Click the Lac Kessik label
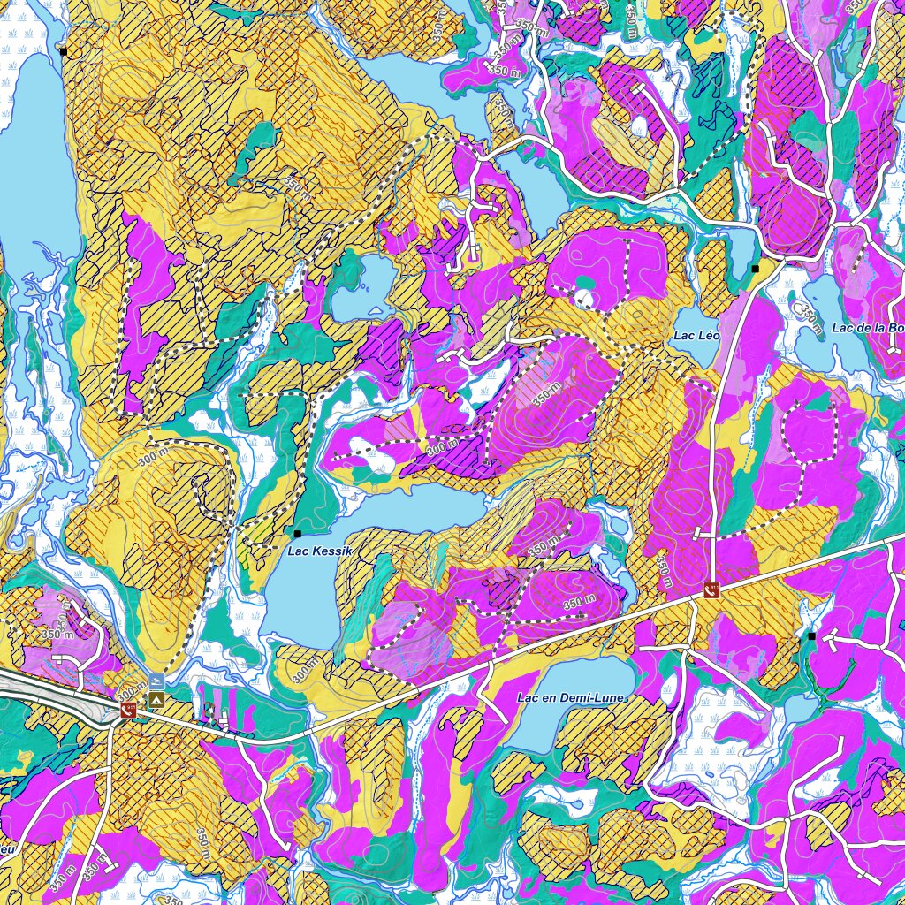click(320, 551)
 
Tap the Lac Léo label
click(696, 336)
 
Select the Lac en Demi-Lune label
click(570, 698)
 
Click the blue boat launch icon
click(156, 681)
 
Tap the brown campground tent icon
click(156, 700)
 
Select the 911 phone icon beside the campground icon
click(130, 711)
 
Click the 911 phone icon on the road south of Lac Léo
click(711, 589)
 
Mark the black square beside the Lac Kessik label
click(298, 534)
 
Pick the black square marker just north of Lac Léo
click(755, 267)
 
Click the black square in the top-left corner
click(63, 51)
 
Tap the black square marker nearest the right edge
click(811, 635)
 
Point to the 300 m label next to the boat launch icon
click(131, 688)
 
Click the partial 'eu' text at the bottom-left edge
click(7, 849)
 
